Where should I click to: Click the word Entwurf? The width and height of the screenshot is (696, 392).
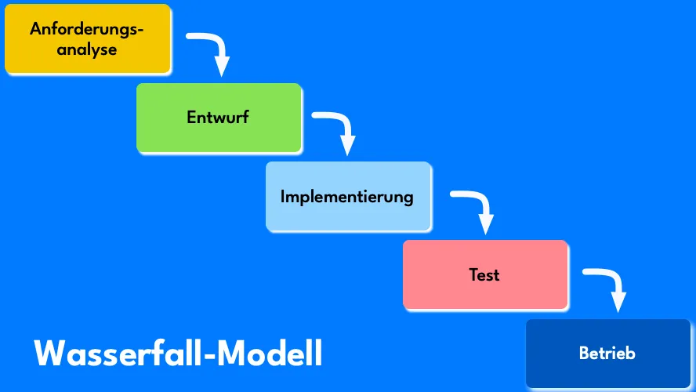click(x=219, y=118)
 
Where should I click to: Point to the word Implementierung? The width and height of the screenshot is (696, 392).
click(x=346, y=196)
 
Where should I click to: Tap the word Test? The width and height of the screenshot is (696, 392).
click(x=484, y=275)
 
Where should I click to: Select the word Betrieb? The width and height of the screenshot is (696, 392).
click(x=607, y=354)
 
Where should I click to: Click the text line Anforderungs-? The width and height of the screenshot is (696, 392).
click(x=87, y=30)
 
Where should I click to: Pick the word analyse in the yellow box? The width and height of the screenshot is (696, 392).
click(x=87, y=49)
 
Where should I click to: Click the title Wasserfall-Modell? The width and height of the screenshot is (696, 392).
click(x=178, y=354)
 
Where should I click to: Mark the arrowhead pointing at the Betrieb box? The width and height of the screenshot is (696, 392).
click(x=619, y=302)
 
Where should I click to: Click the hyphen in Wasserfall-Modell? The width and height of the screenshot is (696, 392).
click(x=208, y=356)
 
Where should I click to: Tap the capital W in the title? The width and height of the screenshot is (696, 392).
click(x=49, y=354)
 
